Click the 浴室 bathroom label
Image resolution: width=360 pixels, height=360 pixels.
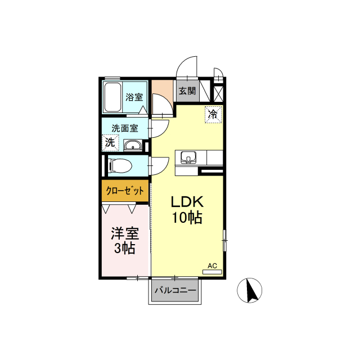[134, 96]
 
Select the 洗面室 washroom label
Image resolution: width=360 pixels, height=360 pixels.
[124, 128]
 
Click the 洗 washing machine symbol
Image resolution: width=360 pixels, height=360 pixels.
[110, 142]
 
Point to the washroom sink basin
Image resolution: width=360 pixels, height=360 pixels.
[133, 146]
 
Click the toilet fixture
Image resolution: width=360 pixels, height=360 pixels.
[120, 166]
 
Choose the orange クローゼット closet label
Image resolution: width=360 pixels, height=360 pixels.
[125, 191]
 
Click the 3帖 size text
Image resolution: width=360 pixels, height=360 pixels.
[124, 248]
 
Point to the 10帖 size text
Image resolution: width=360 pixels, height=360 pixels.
[187, 218]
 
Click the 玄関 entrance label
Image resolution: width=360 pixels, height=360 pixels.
[187, 91]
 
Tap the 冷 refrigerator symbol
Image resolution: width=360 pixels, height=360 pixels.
[213, 114]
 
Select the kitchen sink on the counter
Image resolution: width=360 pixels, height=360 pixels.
[187, 157]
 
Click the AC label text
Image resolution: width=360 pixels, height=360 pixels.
[212, 265]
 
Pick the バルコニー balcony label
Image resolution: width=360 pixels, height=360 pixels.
[175, 291]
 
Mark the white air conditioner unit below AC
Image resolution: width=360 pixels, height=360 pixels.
[212, 272]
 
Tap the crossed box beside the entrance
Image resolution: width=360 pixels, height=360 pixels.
[219, 92]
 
